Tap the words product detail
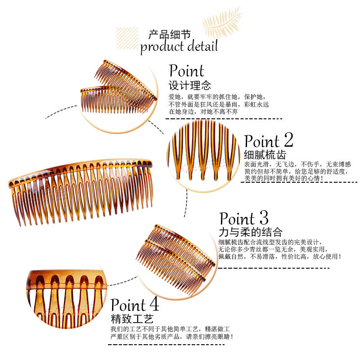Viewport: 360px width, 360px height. (179, 46)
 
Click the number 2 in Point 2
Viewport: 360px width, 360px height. (286, 140)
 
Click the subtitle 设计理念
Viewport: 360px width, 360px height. (189, 85)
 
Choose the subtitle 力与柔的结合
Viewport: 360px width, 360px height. (250, 232)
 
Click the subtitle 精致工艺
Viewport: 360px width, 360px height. (132, 319)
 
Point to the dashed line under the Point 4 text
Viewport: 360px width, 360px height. (166, 345)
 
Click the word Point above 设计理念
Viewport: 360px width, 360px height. (186, 71)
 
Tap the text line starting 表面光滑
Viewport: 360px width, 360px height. (297, 164)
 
